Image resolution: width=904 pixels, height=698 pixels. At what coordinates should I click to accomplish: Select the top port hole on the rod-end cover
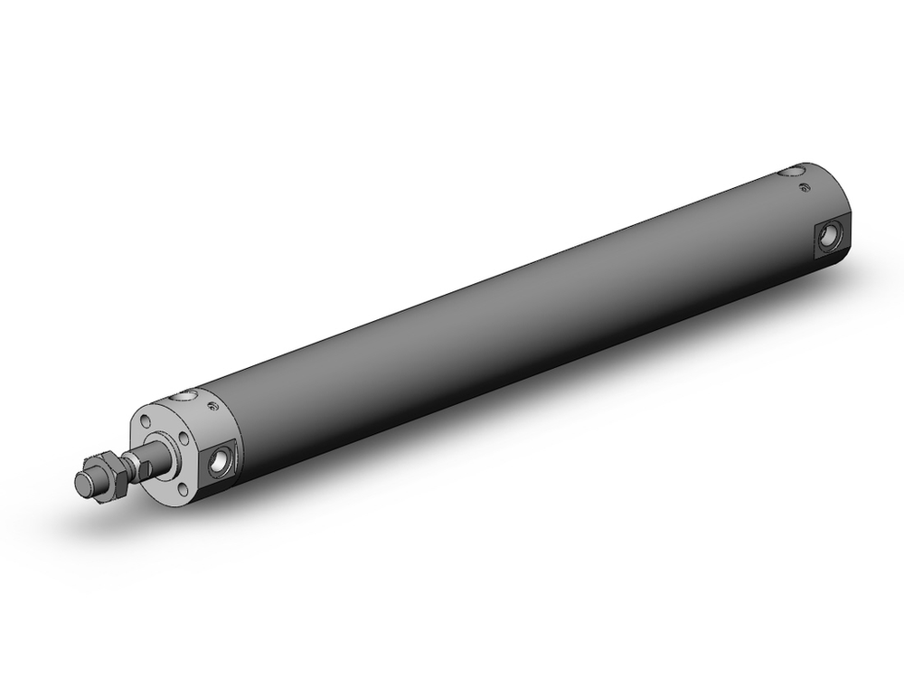click(x=184, y=394)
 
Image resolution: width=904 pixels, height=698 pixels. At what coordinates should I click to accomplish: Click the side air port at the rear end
click(x=827, y=238)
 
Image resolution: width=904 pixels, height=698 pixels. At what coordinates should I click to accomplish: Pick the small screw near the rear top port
click(x=805, y=188)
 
